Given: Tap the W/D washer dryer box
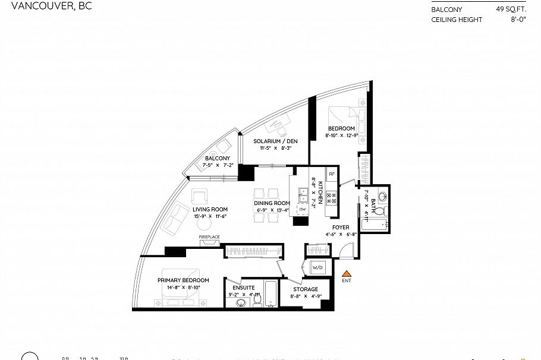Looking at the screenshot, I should (x=317, y=268).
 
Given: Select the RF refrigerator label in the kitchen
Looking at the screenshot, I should (x=332, y=174).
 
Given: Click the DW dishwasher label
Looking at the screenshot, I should (x=302, y=209).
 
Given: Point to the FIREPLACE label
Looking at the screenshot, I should (x=209, y=237).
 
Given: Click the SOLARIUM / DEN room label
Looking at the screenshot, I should (x=275, y=141).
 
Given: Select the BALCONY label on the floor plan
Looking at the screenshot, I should (x=217, y=158).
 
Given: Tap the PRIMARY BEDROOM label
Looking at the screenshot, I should (x=183, y=280).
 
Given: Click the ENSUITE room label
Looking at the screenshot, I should (x=242, y=286).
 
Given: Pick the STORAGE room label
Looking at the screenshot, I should (x=304, y=289).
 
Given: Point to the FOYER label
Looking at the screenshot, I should (x=341, y=227).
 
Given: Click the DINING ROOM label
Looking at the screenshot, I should (x=273, y=203).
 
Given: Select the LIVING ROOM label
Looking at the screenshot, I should (x=210, y=209).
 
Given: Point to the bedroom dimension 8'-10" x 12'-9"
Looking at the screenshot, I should (x=341, y=135).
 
